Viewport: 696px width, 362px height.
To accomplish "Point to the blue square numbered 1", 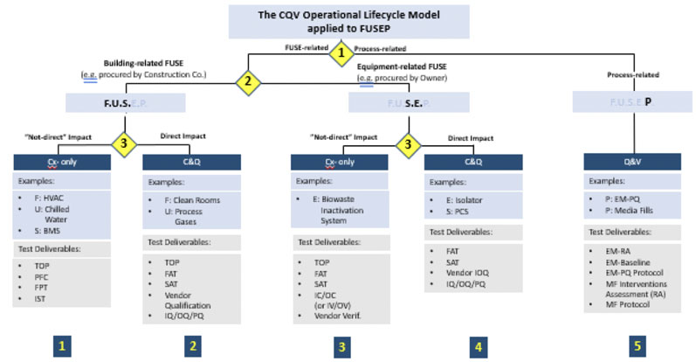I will point(60,346).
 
